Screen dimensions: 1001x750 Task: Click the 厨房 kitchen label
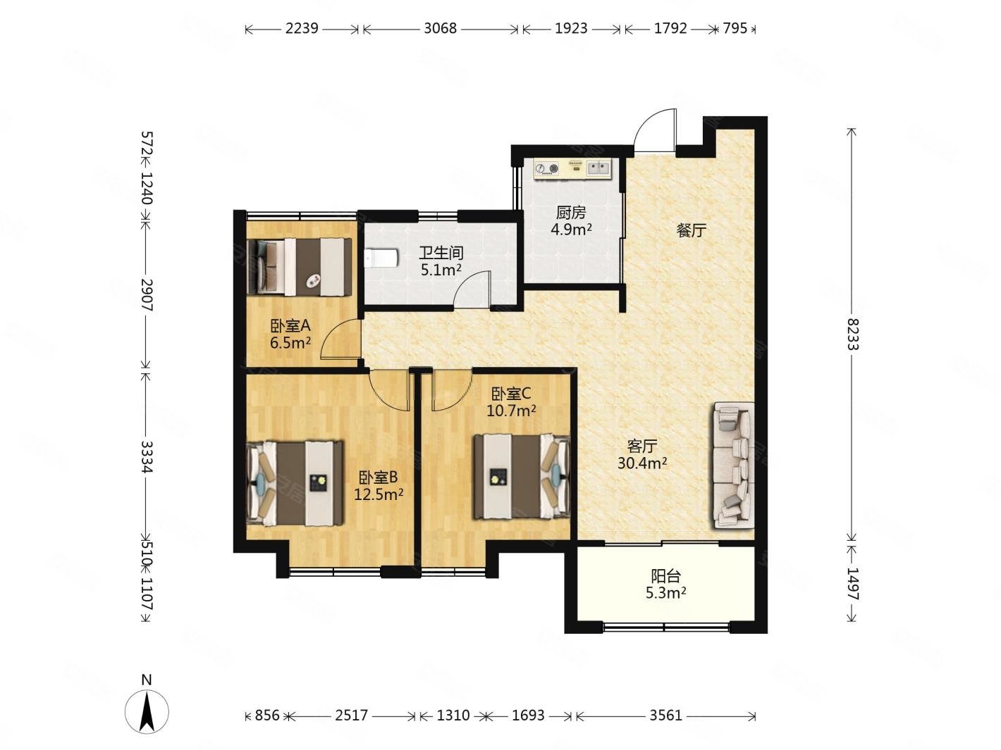tap(570, 213)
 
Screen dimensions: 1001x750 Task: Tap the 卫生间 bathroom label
tap(441, 253)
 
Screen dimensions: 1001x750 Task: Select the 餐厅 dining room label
tap(691, 230)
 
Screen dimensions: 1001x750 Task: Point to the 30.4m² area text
tap(642, 463)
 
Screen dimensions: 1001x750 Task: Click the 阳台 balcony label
tap(666, 577)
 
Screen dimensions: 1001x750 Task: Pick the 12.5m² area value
tap(379, 494)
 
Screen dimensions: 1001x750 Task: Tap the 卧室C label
tap(511, 393)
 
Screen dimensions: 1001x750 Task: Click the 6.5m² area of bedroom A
tap(290, 342)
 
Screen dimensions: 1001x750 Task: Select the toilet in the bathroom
tap(381, 258)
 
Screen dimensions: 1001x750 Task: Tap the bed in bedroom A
tap(300, 267)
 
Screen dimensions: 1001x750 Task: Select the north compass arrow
tap(147, 712)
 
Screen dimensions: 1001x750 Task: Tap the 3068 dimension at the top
tap(440, 28)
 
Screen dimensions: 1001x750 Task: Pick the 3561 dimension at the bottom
tap(666, 715)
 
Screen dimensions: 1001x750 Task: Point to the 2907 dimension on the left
tap(147, 295)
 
